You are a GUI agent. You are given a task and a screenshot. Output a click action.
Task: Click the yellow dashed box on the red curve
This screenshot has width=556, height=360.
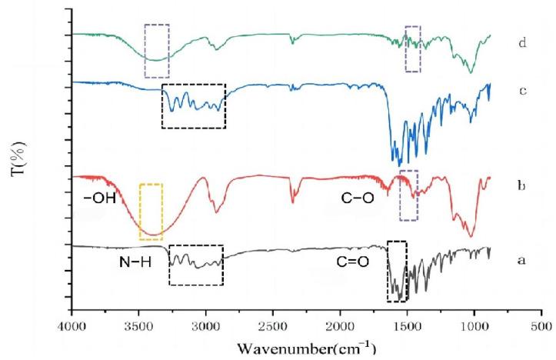point(151,212)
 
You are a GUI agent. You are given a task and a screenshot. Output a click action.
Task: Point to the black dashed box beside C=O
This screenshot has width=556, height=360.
point(398,272)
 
